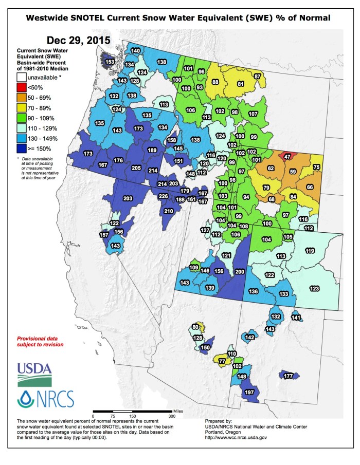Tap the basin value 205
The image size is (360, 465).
tap(136, 168)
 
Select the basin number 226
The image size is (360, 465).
tap(163, 196)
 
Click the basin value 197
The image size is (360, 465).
tap(250, 393)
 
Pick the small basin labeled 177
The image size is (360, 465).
tap(288, 376)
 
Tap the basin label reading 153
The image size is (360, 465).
tap(110, 62)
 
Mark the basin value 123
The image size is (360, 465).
tap(315, 288)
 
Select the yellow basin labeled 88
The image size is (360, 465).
tap(215, 82)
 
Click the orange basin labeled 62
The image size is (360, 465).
tap(271, 168)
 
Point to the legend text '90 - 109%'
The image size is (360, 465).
tap(41, 118)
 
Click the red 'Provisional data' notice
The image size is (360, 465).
tap(40, 342)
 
